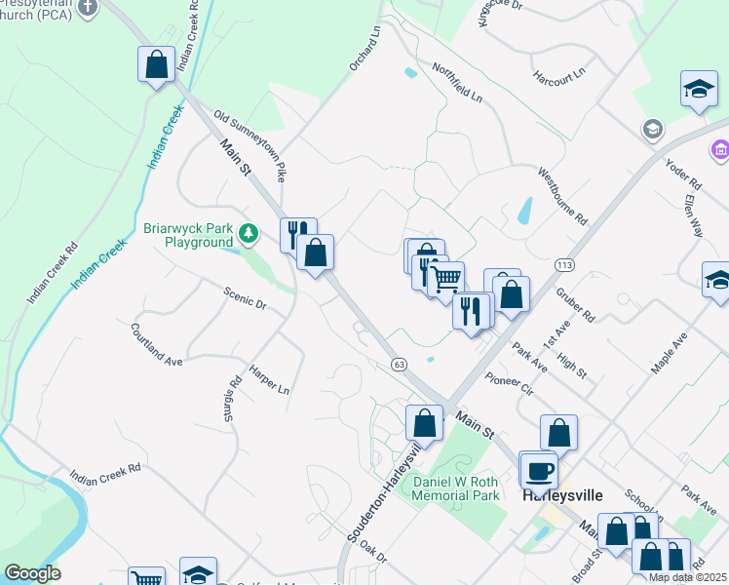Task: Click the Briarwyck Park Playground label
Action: coord(188,235)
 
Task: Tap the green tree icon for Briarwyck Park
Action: coord(249,233)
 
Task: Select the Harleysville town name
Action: coord(562,493)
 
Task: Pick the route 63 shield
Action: coord(399,364)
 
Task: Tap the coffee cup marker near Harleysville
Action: coord(539,472)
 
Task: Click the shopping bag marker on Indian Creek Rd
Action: coord(156,66)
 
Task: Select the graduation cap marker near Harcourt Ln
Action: coord(699,91)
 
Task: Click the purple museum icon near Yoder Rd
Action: coord(719,149)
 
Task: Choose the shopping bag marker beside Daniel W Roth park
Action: coord(424,423)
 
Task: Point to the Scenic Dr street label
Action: coord(245,297)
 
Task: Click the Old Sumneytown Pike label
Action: coord(251,146)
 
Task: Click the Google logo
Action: coord(32,573)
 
